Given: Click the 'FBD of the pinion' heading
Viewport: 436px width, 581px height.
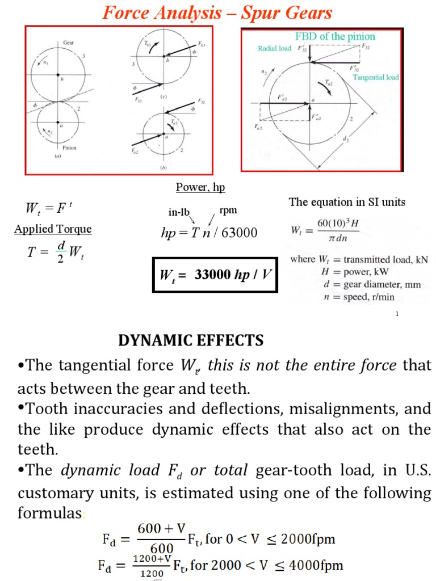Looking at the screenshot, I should click(x=335, y=36).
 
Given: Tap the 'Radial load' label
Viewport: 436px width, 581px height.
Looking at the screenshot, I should click(x=274, y=48).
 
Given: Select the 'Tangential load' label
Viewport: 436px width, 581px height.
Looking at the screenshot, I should click(x=376, y=77).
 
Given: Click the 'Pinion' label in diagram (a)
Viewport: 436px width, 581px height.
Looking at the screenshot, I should click(x=69, y=148).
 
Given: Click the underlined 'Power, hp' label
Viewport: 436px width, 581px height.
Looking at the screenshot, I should click(x=200, y=187).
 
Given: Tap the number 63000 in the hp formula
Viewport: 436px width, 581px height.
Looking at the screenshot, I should click(x=239, y=233).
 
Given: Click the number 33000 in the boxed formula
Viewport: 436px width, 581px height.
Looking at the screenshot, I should click(x=210, y=275).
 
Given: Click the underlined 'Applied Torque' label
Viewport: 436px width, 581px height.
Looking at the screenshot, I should click(x=53, y=229).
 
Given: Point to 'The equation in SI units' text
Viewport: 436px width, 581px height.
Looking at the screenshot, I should click(x=347, y=202).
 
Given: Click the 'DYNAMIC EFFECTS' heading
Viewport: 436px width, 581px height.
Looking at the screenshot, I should click(x=191, y=340).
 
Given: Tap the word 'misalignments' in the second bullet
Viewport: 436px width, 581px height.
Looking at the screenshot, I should click(x=339, y=408).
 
